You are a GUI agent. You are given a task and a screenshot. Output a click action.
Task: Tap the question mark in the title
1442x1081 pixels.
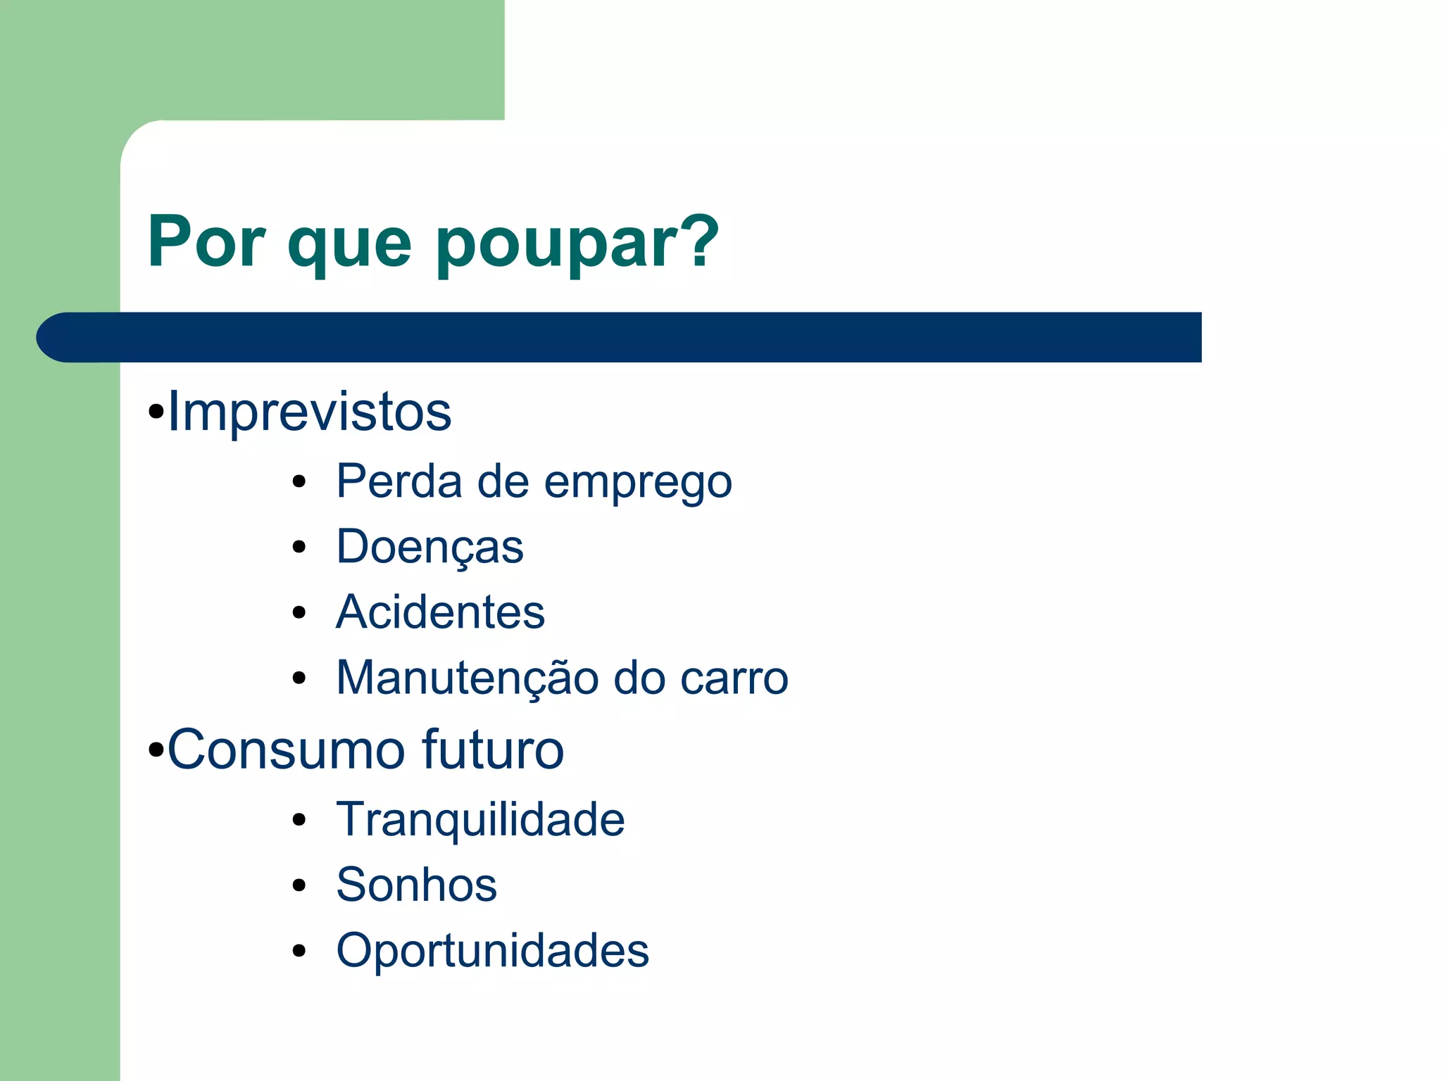(696, 241)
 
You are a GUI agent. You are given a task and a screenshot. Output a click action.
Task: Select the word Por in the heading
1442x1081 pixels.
(206, 241)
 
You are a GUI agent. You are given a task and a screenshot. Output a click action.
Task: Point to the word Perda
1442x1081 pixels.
(399, 481)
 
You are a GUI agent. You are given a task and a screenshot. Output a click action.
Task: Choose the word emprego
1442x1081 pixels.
(638, 484)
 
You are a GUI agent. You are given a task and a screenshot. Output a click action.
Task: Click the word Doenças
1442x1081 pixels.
(430, 548)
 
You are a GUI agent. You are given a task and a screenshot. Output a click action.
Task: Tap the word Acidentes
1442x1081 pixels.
(440, 612)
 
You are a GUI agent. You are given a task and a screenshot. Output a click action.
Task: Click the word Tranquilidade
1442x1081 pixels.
(480, 820)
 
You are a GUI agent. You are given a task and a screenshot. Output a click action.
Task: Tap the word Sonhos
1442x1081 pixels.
(416, 885)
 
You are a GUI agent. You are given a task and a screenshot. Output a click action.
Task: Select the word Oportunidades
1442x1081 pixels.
(492, 951)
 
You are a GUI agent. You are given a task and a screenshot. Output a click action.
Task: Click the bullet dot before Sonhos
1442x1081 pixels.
(299, 885)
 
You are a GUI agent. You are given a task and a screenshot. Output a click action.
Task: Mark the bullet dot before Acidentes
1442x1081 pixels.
(299, 613)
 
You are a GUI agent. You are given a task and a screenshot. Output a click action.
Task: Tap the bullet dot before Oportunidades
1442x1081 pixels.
(299, 951)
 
